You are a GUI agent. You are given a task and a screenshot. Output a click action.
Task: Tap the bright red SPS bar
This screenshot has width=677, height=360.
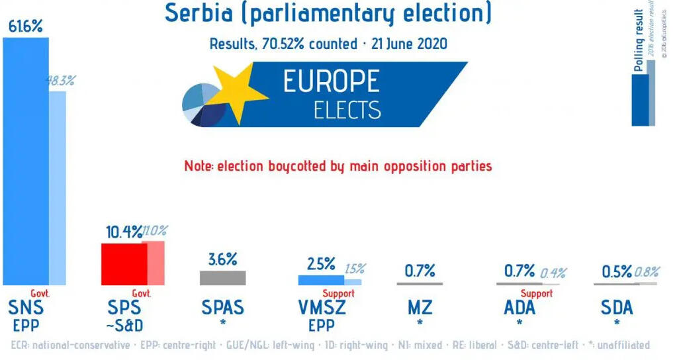click(x=124, y=263)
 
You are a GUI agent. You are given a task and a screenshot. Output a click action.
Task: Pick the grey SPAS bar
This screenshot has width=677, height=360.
click(x=222, y=277)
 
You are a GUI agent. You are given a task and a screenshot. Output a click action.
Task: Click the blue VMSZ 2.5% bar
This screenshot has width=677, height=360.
click(x=321, y=280)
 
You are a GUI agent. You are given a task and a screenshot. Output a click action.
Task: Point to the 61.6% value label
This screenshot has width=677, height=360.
click(x=25, y=27)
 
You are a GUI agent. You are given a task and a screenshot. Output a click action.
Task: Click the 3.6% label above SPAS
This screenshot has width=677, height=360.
click(x=222, y=259)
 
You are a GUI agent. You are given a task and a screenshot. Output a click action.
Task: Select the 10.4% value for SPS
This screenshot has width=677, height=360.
click(x=124, y=232)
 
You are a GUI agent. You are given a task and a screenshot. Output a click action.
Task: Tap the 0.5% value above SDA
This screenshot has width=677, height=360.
click(x=617, y=271)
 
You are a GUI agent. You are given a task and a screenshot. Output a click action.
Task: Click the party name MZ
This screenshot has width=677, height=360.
click(x=420, y=308)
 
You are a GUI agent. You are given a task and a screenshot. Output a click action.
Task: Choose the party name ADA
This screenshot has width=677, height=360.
click(x=519, y=308)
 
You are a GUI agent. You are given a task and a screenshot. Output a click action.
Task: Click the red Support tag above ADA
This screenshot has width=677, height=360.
click(x=536, y=293)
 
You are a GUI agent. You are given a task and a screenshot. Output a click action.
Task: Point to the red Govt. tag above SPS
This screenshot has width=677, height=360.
click(x=141, y=293)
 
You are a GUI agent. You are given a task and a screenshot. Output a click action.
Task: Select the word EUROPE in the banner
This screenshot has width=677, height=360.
click(x=331, y=81)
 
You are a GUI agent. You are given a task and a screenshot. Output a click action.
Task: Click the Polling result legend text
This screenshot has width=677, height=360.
click(x=639, y=40)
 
